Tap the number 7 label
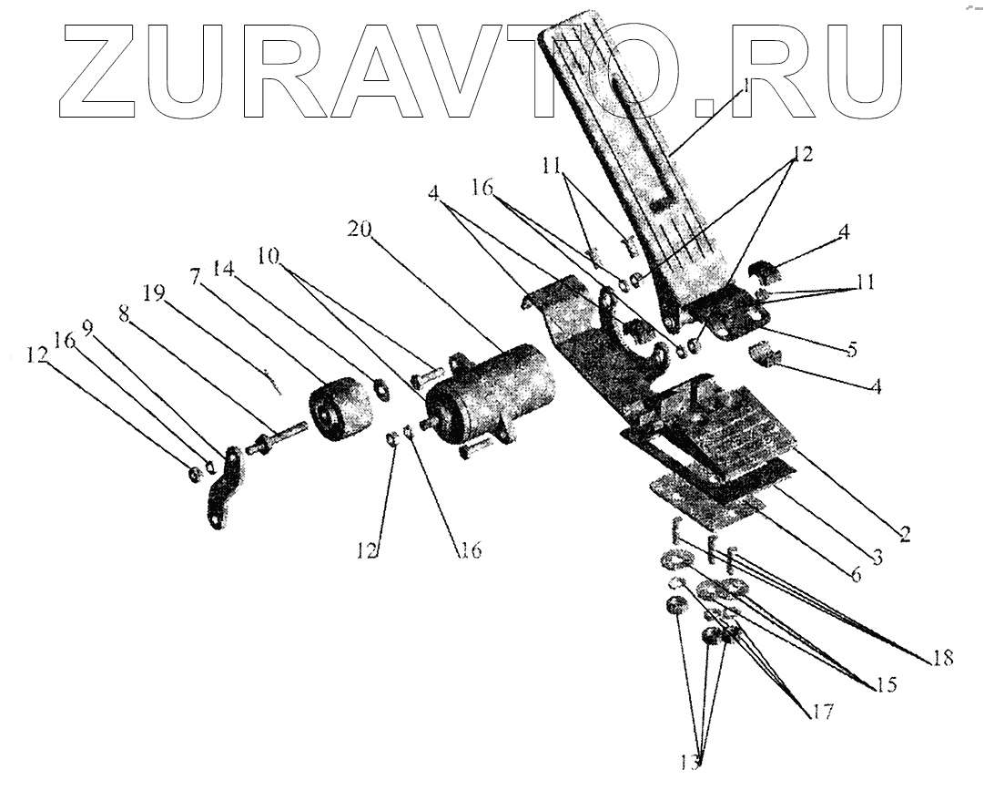click(195, 275)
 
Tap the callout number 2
click(904, 535)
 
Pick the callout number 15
click(885, 684)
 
